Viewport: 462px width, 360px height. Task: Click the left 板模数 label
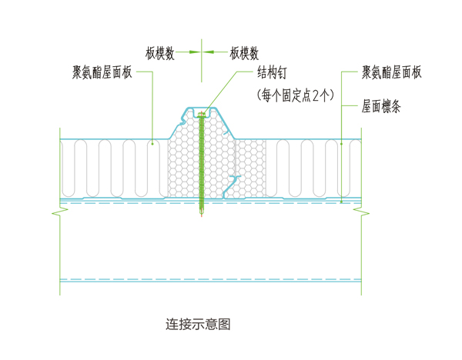[x=159, y=53]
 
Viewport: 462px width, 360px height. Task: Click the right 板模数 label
[x=243, y=53]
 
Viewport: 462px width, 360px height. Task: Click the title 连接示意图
[x=198, y=323]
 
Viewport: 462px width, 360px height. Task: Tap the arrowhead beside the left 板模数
[x=193, y=53]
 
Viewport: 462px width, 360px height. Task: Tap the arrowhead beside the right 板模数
[x=210, y=53]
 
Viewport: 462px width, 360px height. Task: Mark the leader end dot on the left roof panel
[x=152, y=142]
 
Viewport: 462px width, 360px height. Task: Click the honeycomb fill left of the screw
[x=183, y=165]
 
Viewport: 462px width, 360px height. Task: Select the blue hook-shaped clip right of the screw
[x=233, y=182]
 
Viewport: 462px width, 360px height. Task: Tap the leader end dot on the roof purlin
[x=341, y=202]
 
